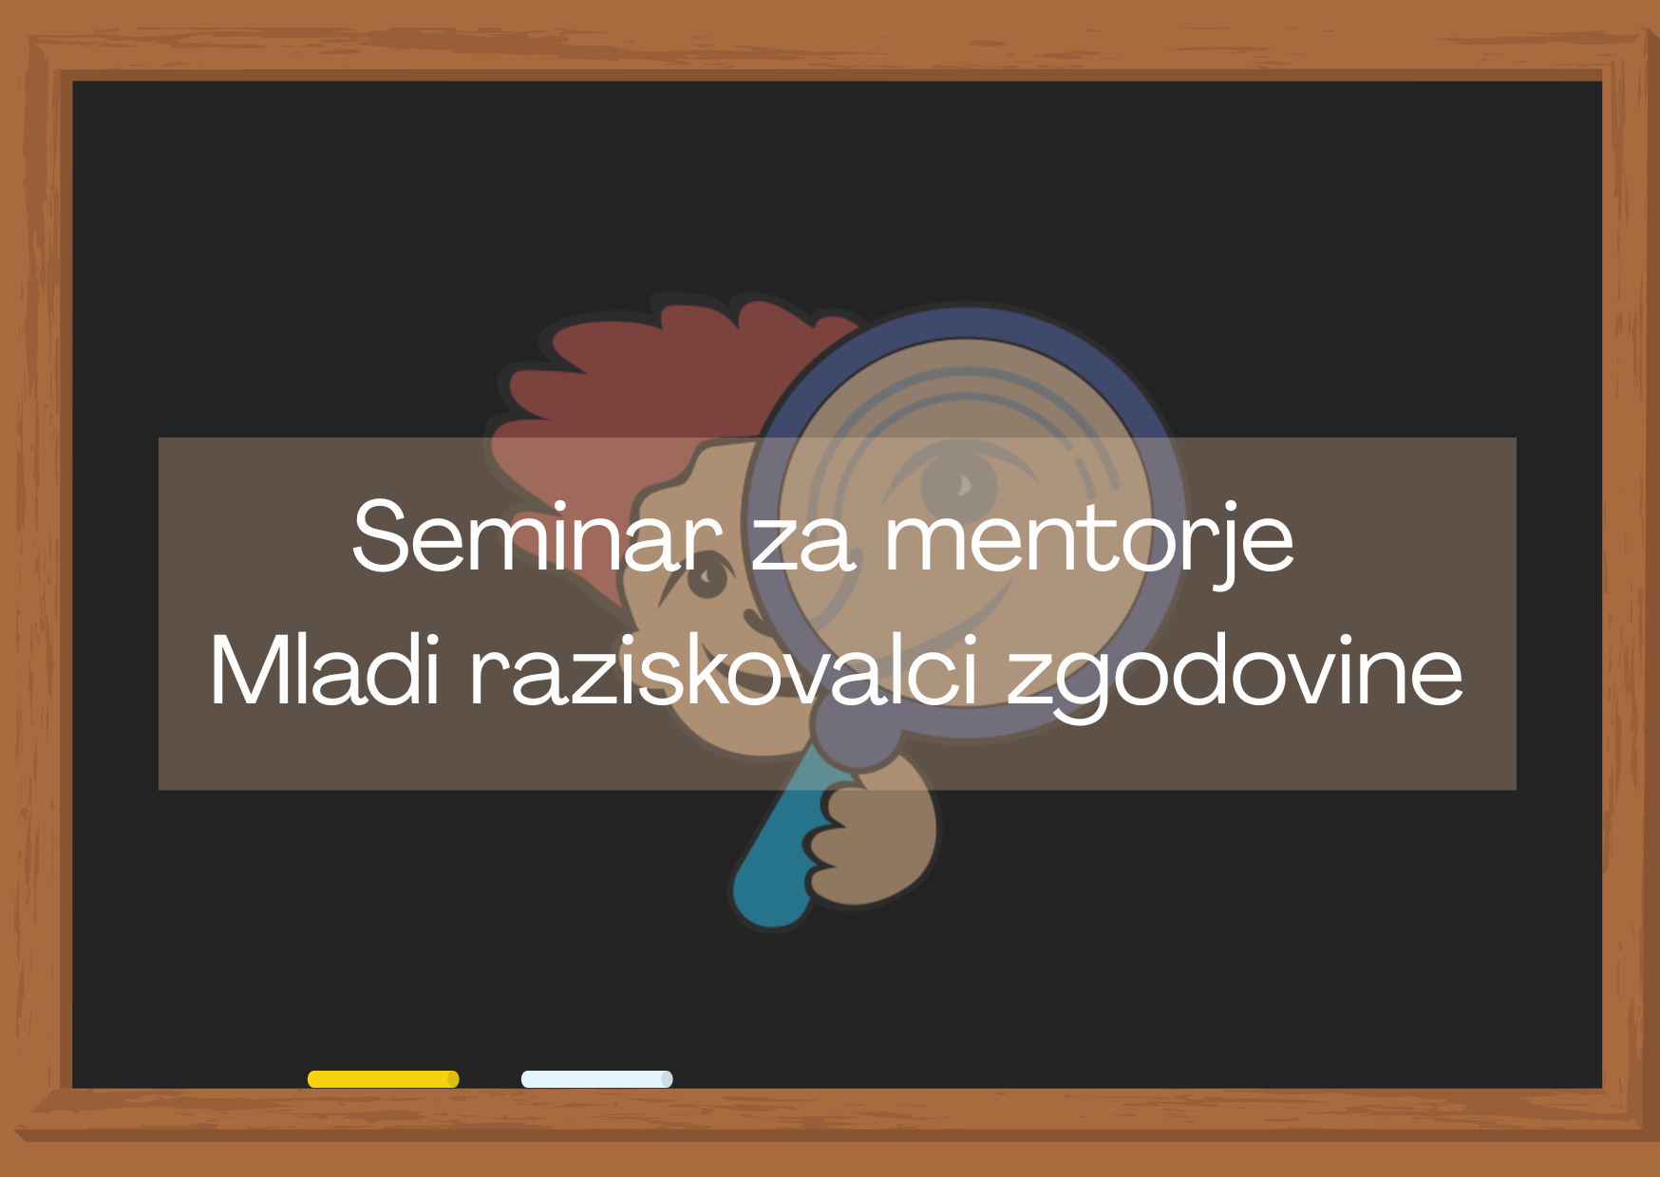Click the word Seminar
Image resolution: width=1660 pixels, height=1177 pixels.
(x=537, y=536)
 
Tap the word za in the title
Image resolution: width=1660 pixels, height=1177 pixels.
(x=803, y=547)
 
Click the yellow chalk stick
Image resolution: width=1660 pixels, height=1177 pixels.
(x=384, y=1079)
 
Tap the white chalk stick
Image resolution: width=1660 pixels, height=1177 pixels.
(x=597, y=1079)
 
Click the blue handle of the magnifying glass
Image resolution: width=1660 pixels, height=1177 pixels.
(x=774, y=854)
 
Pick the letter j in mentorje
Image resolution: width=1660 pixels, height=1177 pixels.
(x=1226, y=546)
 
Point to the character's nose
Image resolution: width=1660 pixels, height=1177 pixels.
(x=756, y=622)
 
